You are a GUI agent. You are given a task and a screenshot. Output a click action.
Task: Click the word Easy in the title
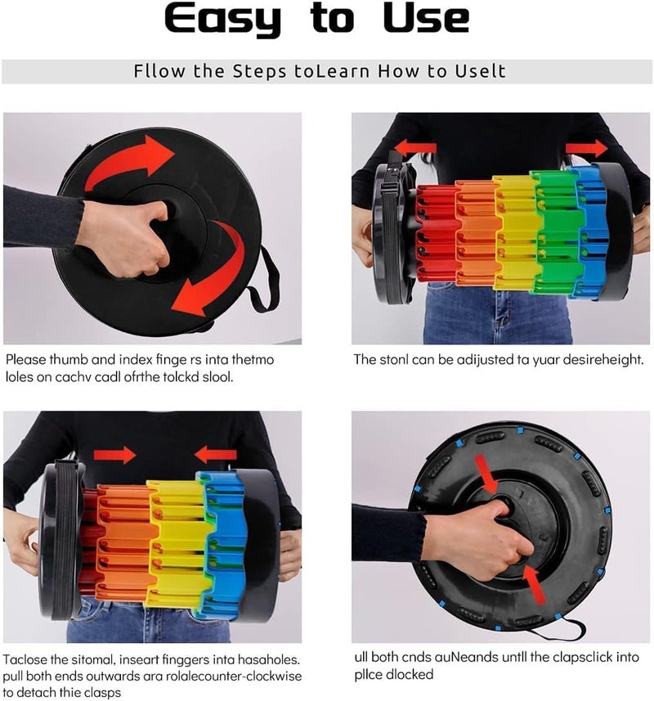point(223,20)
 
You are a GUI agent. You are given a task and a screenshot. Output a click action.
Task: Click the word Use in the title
point(426,18)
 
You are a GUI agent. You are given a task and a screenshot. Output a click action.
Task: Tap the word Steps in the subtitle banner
point(259,72)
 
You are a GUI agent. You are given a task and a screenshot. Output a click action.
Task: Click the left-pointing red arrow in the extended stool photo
point(415,147)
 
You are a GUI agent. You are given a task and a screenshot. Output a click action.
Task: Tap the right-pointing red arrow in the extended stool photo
point(586,148)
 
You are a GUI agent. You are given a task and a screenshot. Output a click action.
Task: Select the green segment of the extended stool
point(557,231)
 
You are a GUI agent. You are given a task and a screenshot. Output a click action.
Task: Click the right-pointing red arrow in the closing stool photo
point(114,455)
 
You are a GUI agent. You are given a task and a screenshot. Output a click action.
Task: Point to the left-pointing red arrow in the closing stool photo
point(215,454)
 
